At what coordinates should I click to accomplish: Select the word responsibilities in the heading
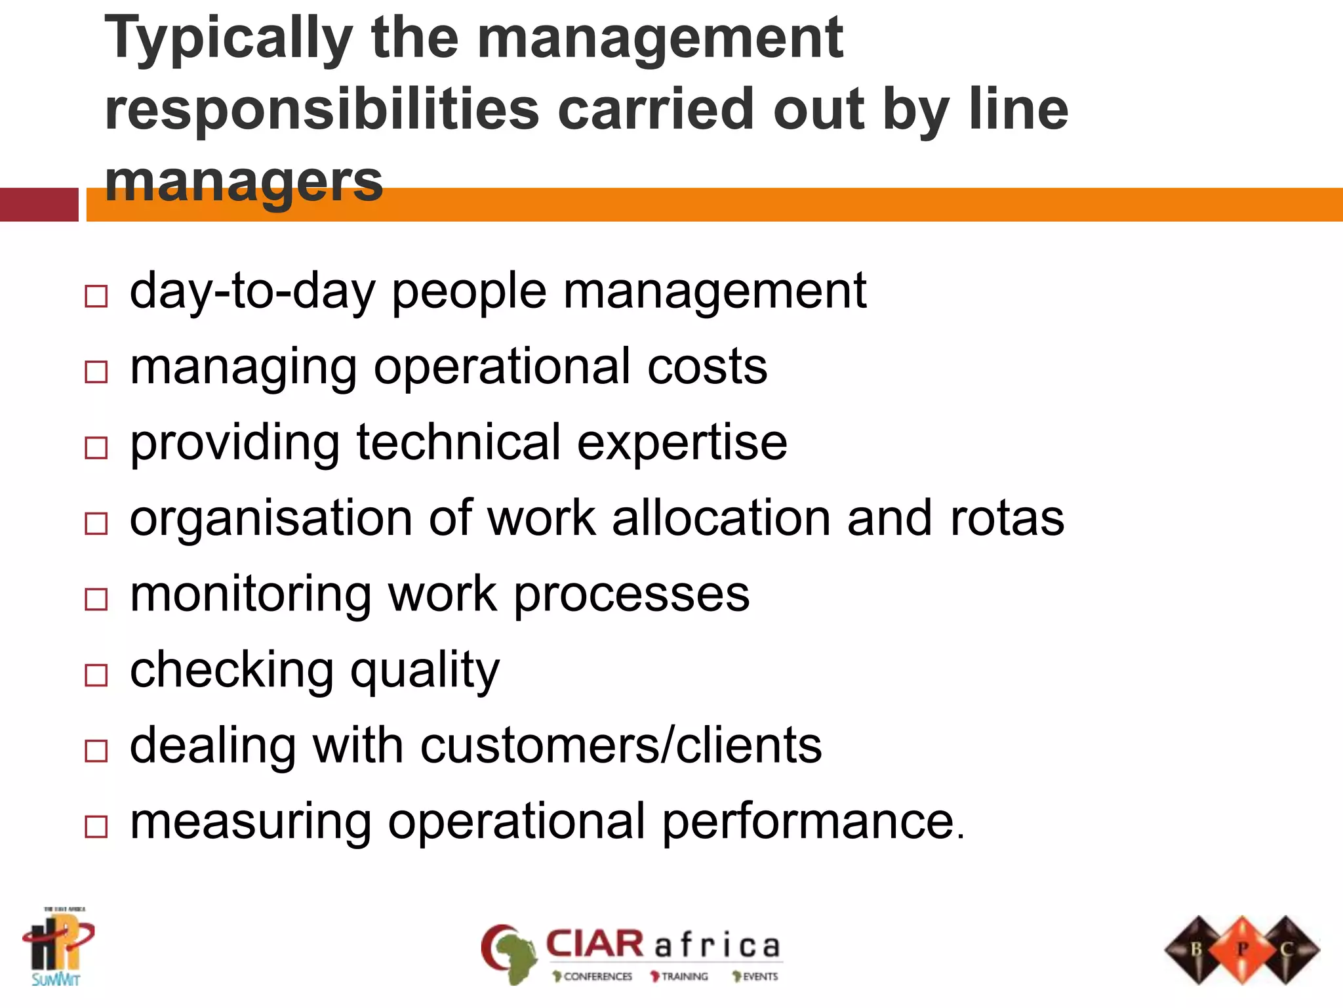click(322, 110)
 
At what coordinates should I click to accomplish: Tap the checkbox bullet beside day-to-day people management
click(96, 296)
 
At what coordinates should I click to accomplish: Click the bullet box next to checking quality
click(96, 675)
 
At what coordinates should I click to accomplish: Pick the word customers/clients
click(620, 746)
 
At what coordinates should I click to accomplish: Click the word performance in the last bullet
click(812, 822)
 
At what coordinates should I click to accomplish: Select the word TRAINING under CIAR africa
click(684, 976)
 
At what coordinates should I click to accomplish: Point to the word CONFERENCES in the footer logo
click(597, 976)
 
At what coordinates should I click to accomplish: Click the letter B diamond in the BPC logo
click(1197, 949)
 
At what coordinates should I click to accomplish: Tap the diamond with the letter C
click(1286, 949)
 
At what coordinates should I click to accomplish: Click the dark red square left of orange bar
click(39, 205)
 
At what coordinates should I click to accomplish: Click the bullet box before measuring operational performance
click(96, 826)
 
